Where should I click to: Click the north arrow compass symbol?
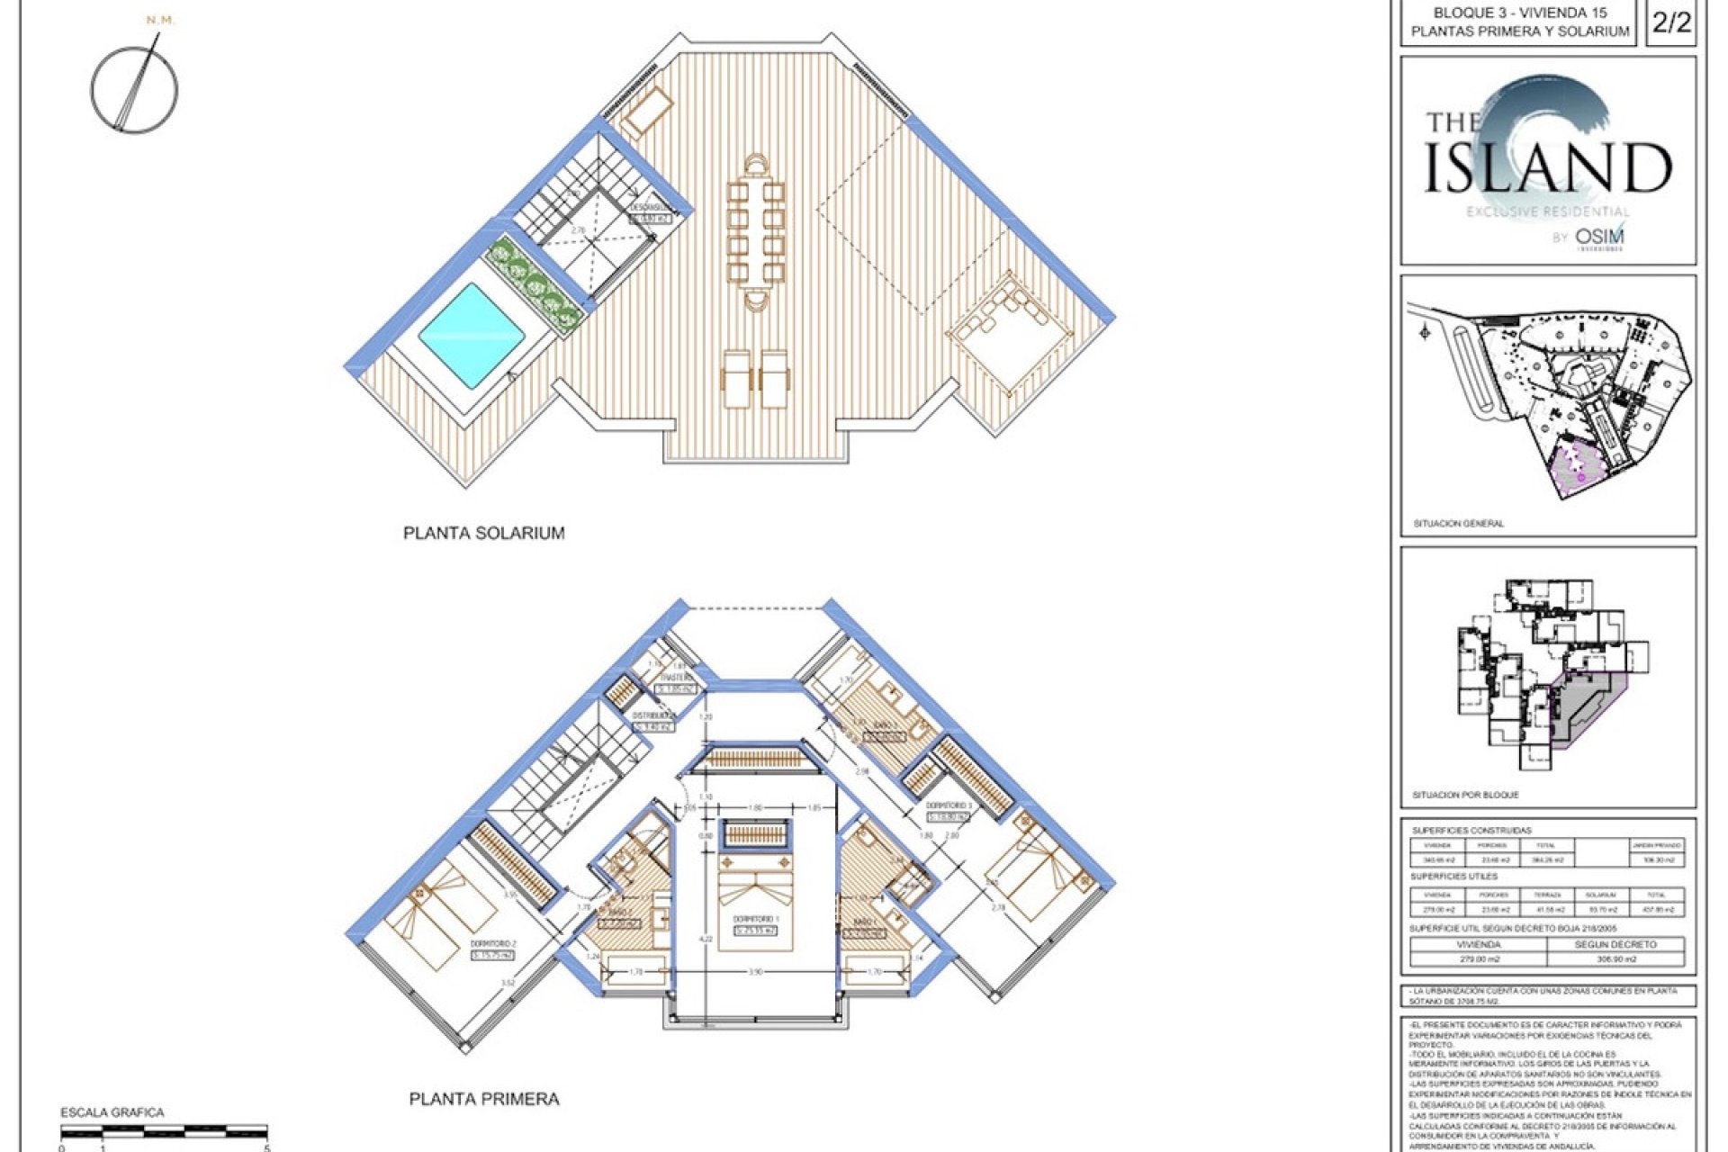point(134,88)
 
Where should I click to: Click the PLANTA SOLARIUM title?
point(483,533)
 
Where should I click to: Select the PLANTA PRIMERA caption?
point(483,1099)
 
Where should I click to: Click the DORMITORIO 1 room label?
point(754,919)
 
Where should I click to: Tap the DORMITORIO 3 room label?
point(948,805)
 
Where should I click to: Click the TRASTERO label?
point(676,678)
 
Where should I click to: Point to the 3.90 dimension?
point(756,973)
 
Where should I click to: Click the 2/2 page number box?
point(1671,22)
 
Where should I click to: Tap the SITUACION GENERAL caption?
point(1458,523)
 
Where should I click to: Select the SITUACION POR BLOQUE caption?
point(1465,795)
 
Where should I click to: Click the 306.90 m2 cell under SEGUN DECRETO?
point(1615,959)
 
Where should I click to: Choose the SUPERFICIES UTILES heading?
point(1453,876)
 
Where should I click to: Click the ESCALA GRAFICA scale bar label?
point(112,1112)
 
